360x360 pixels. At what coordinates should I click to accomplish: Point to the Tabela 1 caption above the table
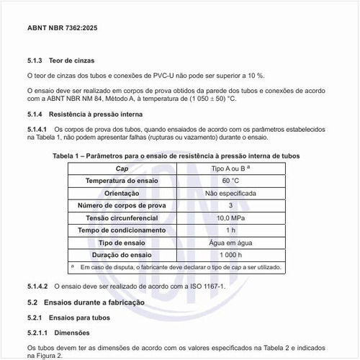point(176,156)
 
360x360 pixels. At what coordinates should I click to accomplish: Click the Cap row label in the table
point(122,168)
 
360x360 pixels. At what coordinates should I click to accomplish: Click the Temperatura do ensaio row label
point(122,181)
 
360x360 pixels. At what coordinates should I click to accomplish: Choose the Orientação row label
point(122,193)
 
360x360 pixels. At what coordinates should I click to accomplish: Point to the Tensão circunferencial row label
point(122,217)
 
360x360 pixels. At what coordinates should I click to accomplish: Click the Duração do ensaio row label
point(122,255)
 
